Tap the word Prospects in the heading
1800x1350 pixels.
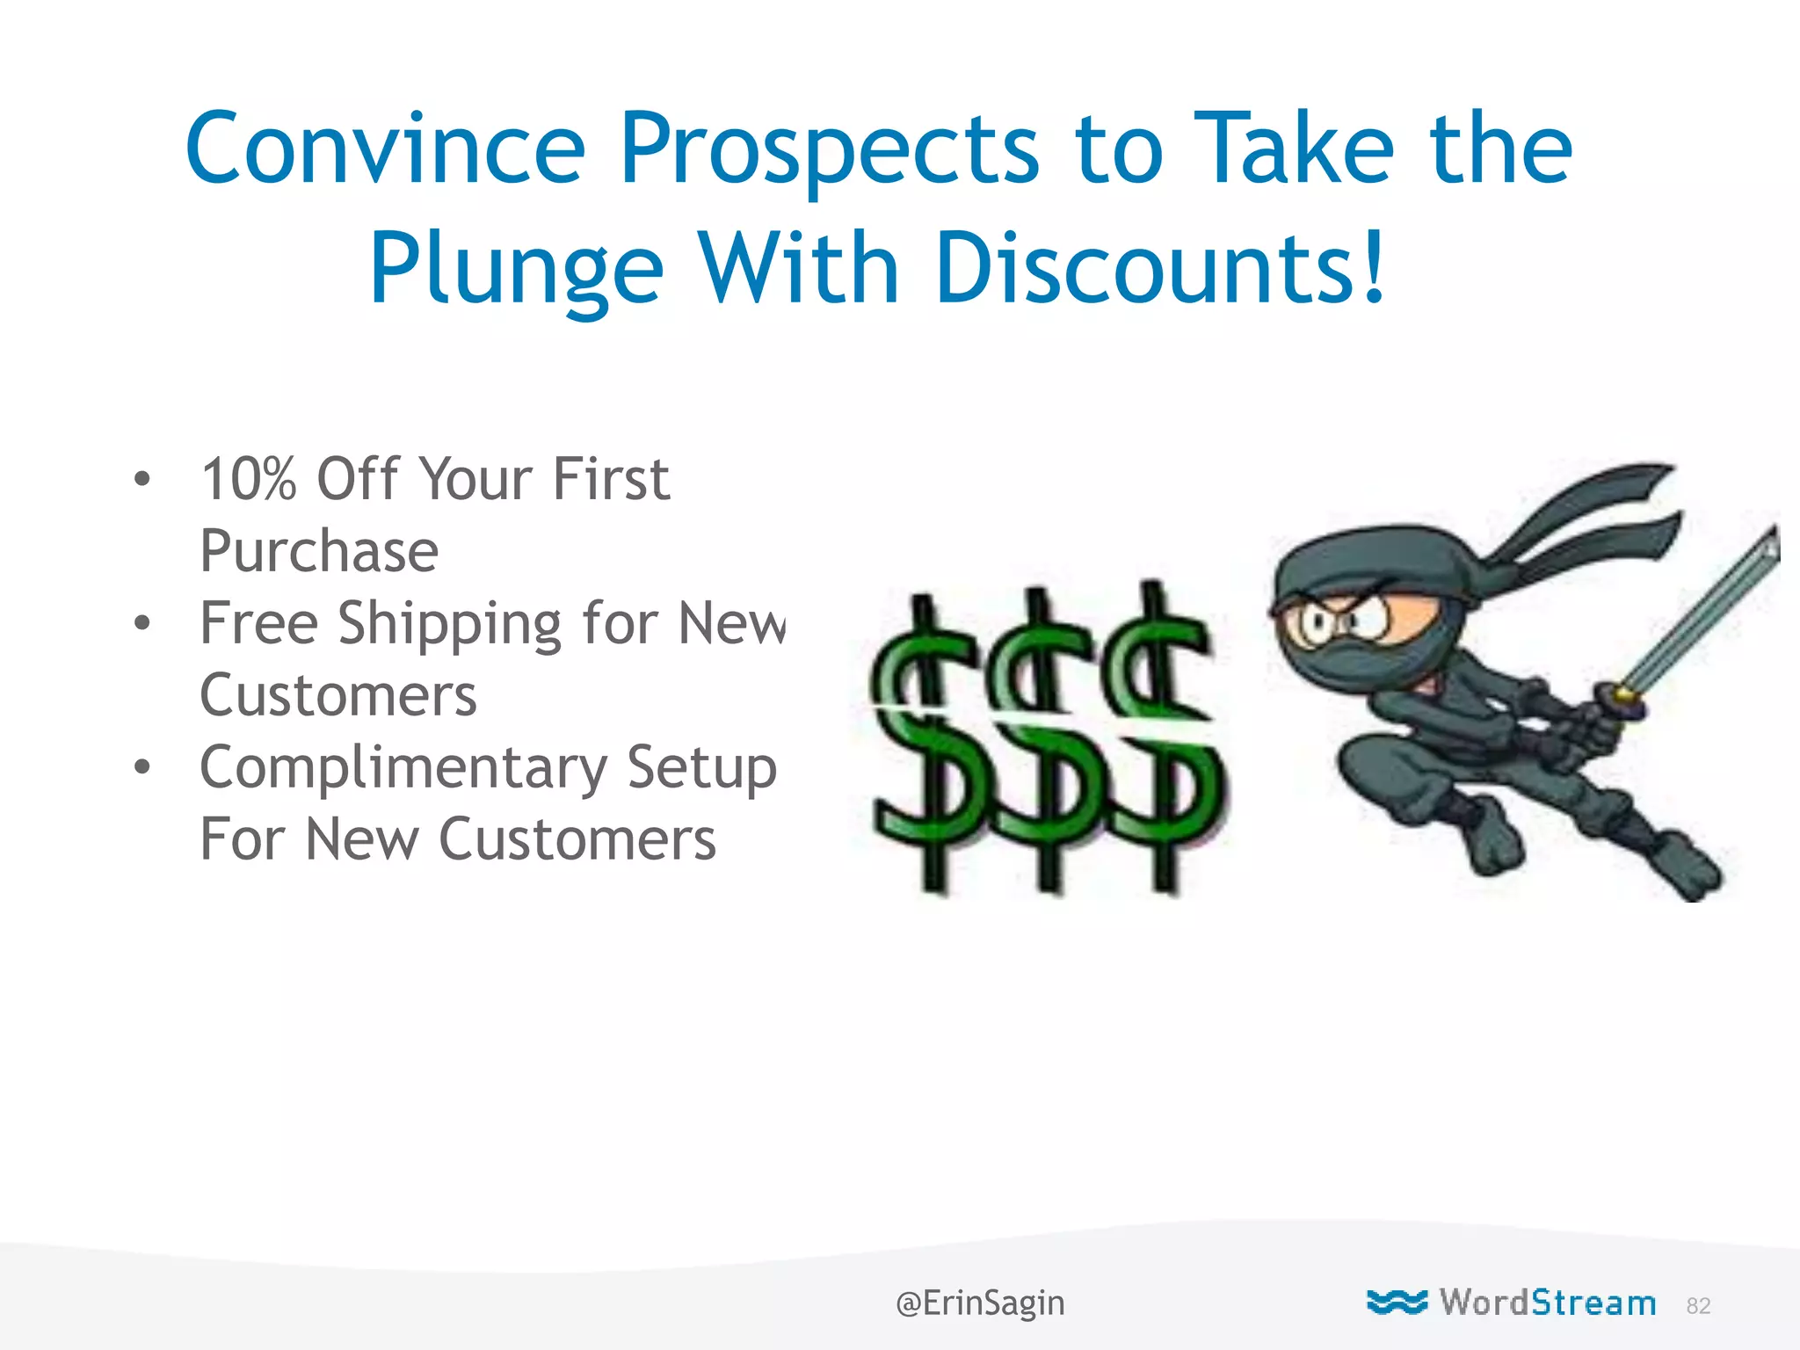coord(830,151)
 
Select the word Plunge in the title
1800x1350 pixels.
coord(517,269)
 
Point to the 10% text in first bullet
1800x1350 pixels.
coord(249,480)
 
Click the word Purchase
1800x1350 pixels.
coord(319,552)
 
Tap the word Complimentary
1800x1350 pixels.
coord(403,768)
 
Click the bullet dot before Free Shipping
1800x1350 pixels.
coord(142,623)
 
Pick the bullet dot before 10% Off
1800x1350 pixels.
coord(142,480)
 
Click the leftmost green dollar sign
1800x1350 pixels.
coord(925,747)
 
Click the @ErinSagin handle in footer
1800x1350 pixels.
coord(980,1303)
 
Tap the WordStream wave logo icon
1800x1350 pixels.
coord(1397,1302)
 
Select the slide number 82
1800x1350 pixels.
coord(1698,1306)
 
